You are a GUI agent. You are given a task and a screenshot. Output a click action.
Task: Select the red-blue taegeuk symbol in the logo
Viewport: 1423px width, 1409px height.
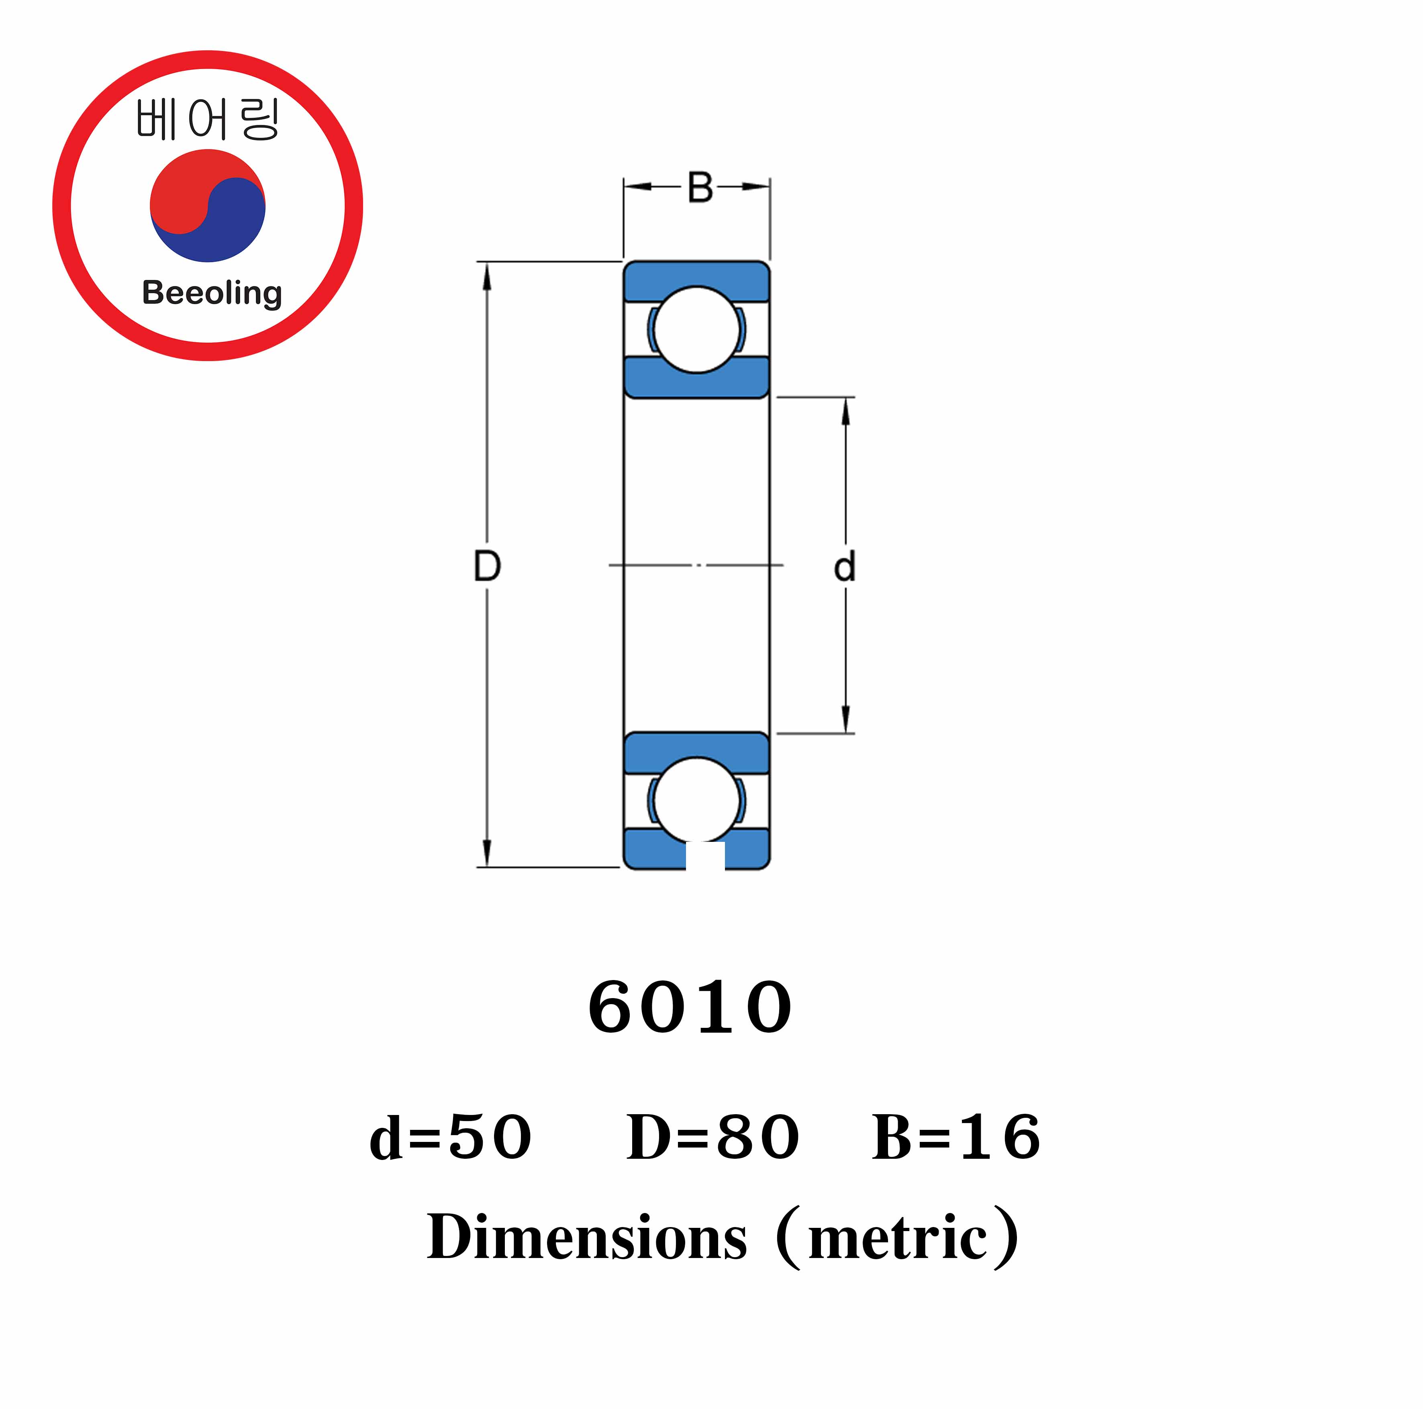coord(208,206)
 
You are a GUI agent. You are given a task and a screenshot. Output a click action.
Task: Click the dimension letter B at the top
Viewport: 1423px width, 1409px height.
coord(700,188)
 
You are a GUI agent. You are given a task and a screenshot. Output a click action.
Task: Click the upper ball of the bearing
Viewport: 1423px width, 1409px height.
coord(696,329)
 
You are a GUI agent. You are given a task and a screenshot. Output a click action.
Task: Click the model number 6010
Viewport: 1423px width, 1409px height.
coord(690,1008)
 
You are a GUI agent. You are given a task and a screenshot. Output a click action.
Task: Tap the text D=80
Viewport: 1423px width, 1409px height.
coord(712,1137)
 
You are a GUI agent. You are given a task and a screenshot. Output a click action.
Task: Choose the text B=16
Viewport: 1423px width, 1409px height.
coord(956,1137)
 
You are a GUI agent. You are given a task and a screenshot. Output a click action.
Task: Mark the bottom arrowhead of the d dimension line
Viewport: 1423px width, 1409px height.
coord(845,720)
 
